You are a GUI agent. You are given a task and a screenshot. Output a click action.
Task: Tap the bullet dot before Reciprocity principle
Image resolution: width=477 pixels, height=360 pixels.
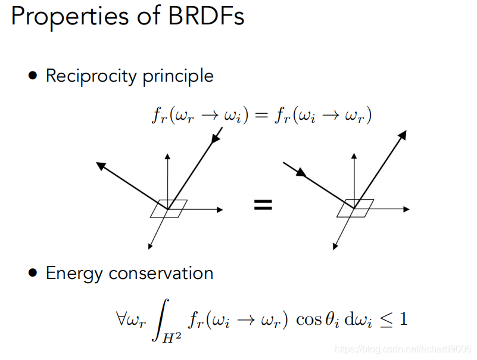point(33,76)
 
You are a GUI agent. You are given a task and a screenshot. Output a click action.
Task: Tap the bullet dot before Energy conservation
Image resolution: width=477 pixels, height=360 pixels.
point(33,273)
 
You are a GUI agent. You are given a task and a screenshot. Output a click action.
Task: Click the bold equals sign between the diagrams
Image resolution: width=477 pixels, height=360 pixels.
point(263,205)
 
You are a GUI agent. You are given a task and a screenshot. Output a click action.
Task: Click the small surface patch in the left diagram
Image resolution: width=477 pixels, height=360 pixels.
point(169,209)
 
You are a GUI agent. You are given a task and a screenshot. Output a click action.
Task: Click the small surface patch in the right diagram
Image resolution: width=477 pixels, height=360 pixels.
point(356,208)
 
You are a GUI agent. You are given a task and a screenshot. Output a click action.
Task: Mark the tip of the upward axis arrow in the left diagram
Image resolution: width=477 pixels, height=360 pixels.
point(168,154)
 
